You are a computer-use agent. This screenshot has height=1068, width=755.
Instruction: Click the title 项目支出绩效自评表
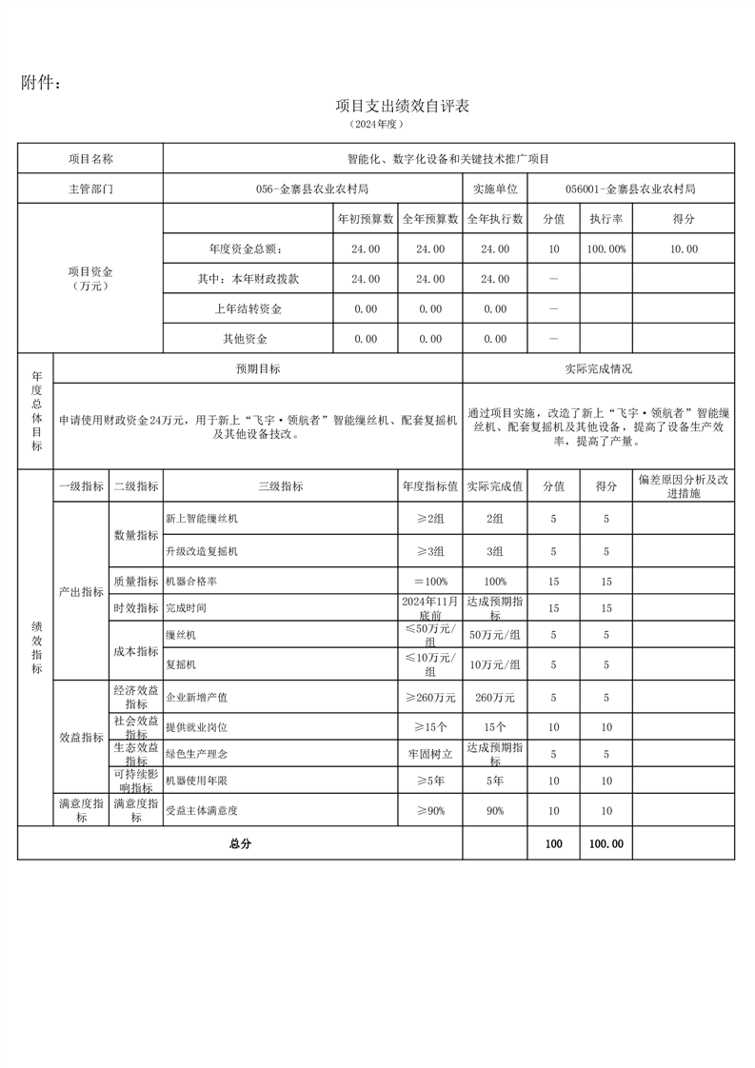tap(403, 106)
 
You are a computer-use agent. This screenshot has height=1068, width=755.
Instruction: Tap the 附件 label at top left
tap(42, 84)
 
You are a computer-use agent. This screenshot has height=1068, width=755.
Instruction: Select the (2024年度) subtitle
tap(377, 125)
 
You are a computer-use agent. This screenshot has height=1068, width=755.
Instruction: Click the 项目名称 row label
tap(90, 159)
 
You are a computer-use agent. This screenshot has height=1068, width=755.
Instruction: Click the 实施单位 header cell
tap(494, 188)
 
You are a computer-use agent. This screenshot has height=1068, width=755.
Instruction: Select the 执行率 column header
tap(606, 219)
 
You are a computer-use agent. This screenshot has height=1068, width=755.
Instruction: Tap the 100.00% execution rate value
tap(606, 248)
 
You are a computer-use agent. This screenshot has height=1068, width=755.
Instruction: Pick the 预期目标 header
tap(258, 368)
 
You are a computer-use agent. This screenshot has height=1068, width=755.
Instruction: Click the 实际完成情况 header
tap(598, 368)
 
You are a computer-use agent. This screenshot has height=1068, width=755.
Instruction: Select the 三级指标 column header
tap(281, 485)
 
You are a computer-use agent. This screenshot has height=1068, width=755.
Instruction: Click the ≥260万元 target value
tap(429, 698)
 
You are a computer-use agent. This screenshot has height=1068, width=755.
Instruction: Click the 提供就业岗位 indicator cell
tap(197, 726)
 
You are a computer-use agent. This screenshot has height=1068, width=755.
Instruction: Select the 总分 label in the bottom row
tap(239, 843)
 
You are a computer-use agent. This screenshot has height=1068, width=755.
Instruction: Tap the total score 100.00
tap(606, 843)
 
